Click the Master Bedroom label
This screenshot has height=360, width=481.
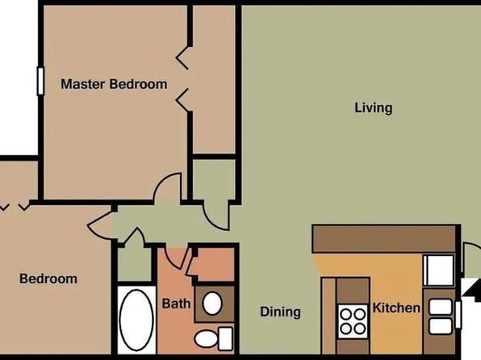(x=114, y=84)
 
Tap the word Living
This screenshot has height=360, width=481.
(x=374, y=108)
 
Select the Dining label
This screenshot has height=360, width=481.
(x=280, y=312)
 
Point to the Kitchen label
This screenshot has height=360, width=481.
(x=396, y=308)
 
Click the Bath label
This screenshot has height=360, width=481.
(x=176, y=303)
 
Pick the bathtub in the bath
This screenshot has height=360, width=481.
(x=136, y=320)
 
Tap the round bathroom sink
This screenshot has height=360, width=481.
(x=212, y=303)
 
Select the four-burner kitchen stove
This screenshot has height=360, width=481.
(x=353, y=321)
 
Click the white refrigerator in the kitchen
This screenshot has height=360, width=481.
(x=438, y=270)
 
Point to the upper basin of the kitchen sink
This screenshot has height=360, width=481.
(x=440, y=307)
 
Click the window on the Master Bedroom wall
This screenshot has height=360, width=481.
(x=40, y=81)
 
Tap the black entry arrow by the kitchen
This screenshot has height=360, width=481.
(x=472, y=288)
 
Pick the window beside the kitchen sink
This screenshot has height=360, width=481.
(x=458, y=315)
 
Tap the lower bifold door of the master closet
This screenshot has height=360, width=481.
(x=183, y=100)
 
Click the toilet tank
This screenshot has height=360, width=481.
(x=225, y=339)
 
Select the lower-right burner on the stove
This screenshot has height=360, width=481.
(x=359, y=329)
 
